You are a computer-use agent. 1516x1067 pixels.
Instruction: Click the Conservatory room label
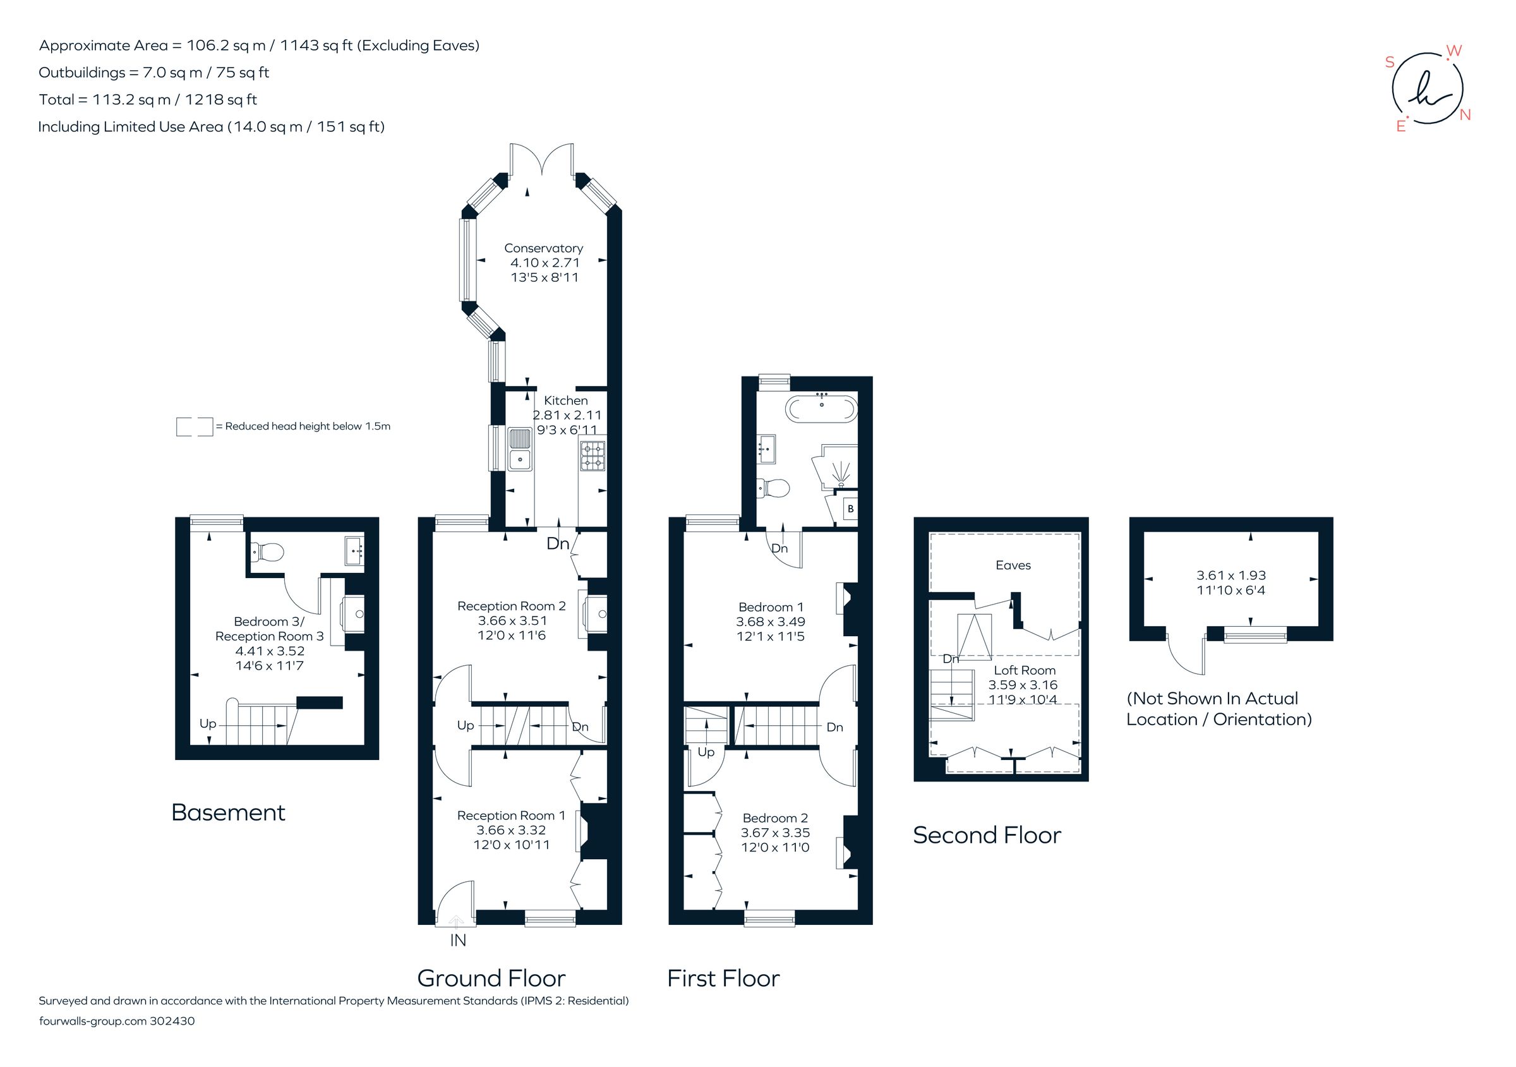(x=543, y=248)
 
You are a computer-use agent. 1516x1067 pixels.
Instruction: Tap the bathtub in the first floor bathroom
(x=821, y=408)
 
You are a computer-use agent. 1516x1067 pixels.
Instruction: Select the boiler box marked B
(x=850, y=509)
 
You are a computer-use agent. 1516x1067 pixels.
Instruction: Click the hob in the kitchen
(x=593, y=455)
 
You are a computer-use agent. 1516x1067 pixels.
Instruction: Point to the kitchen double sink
(x=520, y=449)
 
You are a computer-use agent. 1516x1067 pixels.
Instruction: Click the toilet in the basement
(x=268, y=551)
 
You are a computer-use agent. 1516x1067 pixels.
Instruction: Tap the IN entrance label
(x=457, y=940)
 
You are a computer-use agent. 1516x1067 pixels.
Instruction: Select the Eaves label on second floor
(x=1013, y=565)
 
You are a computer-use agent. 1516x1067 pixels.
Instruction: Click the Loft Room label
(x=1024, y=670)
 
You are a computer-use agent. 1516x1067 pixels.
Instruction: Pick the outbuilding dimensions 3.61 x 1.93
(x=1230, y=575)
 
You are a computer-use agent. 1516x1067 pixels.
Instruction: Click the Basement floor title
(x=228, y=812)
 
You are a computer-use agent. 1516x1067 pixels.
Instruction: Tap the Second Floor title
(x=987, y=835)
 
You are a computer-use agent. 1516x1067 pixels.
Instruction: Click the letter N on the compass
(x=1465, y=115)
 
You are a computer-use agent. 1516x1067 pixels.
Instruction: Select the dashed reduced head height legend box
(x=194, y=426)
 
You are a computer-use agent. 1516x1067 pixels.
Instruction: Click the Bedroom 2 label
(x=775, y=818)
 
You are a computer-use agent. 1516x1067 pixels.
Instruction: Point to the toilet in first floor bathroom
(x=773, y=488)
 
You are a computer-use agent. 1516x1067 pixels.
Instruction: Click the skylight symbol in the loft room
(x=975, y=637)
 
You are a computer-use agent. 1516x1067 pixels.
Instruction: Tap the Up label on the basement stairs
(x=207, y=724)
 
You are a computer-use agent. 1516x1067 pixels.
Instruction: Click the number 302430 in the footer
(x=172, y=1021)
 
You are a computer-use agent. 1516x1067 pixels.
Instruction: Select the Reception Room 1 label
(x=511, y=816)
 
